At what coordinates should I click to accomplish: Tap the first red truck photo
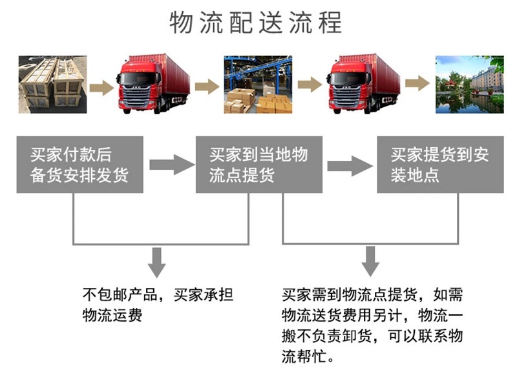[153, 84]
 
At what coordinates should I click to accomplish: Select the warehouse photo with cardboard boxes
[258, 85]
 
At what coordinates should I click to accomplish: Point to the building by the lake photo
[469, 85]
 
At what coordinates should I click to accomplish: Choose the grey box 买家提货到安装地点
[440, 164]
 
